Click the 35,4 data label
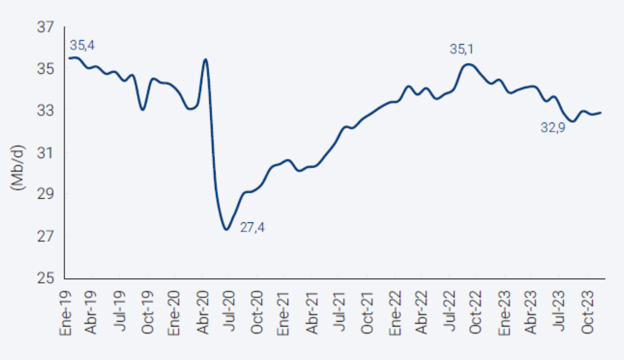(x=81, y=45)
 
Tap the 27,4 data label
(x=253, y=228)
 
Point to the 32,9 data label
(x=553, y=127)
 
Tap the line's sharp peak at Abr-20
(x=205, y=59)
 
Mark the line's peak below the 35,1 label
(x=469, y=64)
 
